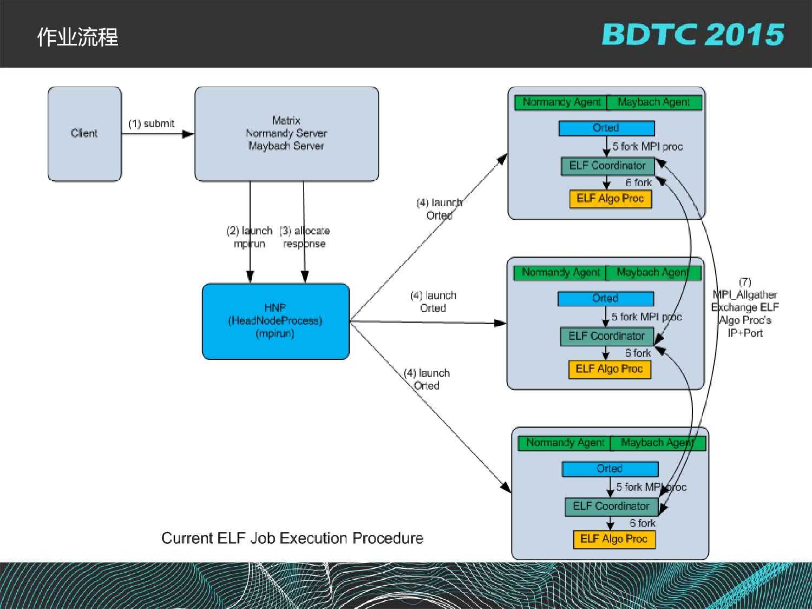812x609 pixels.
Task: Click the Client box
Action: tap(84, 134)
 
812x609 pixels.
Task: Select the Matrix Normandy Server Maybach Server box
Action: tap(286, 134)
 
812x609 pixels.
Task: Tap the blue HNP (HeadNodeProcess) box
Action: tap(276, 321)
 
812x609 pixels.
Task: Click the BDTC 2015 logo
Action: tap(693, 35)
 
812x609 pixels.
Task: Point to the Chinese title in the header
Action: tap(77, 37)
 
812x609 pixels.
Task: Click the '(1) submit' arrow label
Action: tap(151, 124)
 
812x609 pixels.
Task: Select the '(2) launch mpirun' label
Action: tap(250, 237)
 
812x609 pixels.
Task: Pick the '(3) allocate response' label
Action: tap(304, 237)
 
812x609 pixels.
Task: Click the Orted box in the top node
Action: tap(606, 128)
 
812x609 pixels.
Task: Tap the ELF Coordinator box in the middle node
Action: tap(607, 336)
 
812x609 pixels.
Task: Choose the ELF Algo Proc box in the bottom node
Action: tap(614, 539)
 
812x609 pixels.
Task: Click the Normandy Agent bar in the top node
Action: tap(561, 102)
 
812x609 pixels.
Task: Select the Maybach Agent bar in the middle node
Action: tap(653, 272)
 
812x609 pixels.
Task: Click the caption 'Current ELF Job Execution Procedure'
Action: tap(292, 538)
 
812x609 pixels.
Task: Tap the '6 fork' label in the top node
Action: tap(639, 183)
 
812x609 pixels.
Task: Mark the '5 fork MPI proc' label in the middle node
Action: tap(646, 317)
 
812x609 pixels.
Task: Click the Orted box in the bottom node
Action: tap(610, 469)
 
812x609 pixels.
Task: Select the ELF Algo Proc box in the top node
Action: tap(610, 199)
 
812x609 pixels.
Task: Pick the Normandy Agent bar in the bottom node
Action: tap(565, 443)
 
